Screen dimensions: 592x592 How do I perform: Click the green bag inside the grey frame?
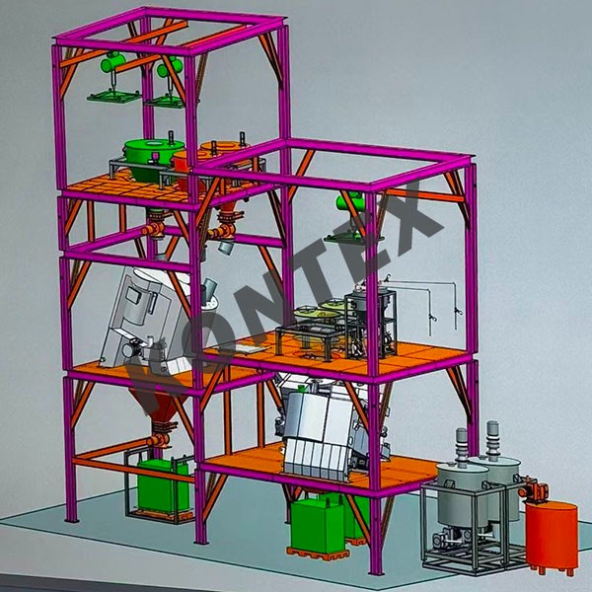pos(163,485)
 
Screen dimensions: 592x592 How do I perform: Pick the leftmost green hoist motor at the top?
pos(112,62)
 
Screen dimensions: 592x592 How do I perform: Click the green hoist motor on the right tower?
pos(350,201)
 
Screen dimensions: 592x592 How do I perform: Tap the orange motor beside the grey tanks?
pos(534,489)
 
